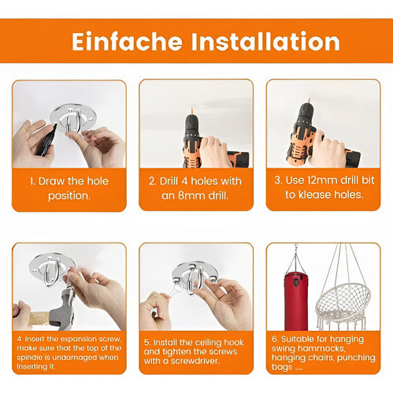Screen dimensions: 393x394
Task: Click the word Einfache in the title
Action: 127,42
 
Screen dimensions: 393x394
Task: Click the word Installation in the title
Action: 265,42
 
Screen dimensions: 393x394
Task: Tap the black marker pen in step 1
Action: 47,139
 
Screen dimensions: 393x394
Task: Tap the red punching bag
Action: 296,301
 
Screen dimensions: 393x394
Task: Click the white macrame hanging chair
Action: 343,302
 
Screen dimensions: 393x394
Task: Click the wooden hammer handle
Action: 39,318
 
